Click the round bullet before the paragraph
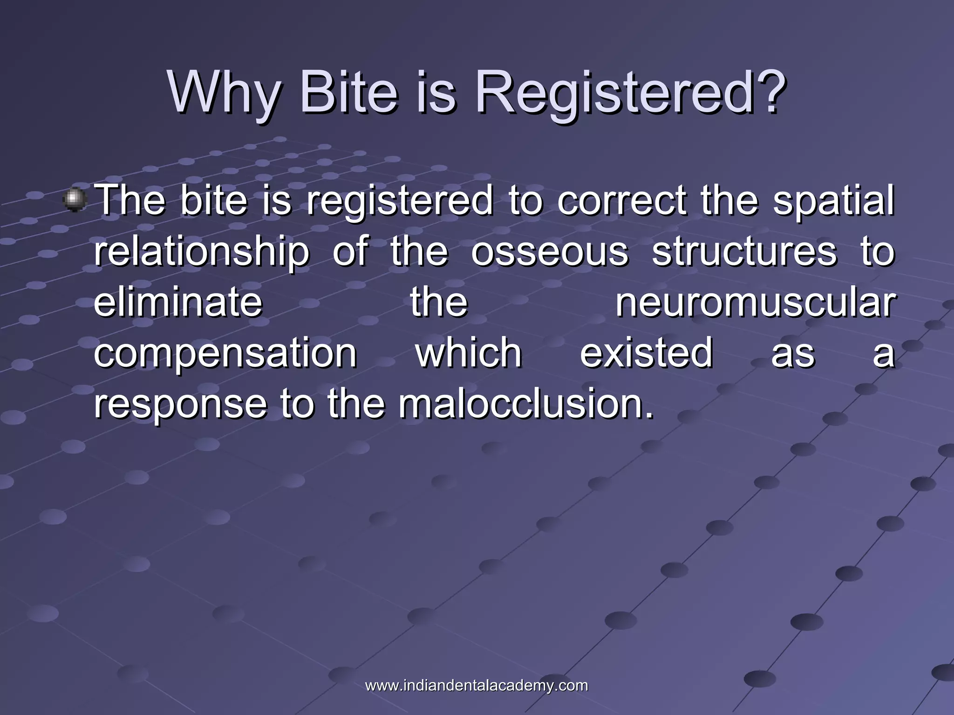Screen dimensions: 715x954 click(75, 200)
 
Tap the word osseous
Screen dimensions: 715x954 click(550, 252)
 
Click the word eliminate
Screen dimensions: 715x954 click(178, 302)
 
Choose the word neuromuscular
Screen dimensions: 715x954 click(755, 303)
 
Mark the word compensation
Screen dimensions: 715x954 click(225, 354)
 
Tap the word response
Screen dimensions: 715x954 click(180, 405)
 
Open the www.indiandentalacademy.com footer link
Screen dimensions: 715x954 click(477, 686)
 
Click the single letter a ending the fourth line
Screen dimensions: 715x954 click(884, 354)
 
